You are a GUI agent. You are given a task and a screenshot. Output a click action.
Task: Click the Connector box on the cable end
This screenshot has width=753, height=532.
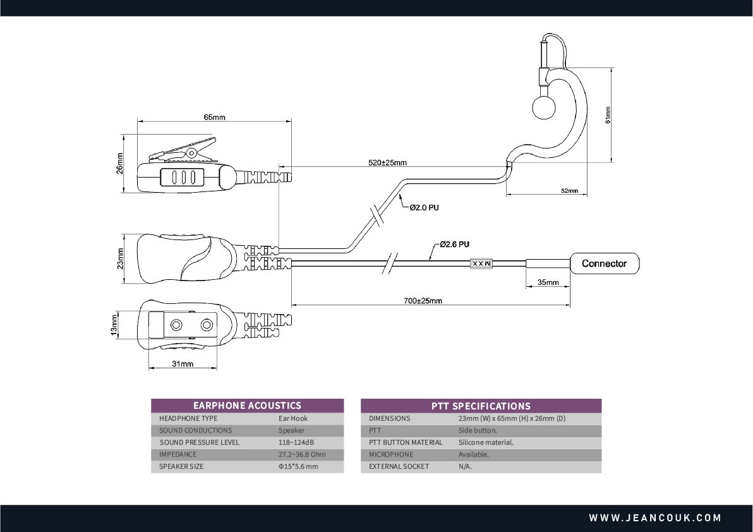pos(604,263)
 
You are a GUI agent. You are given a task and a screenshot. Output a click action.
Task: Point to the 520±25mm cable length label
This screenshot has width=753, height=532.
pos(387,162)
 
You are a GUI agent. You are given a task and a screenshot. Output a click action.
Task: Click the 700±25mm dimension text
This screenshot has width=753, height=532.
pos(423,301)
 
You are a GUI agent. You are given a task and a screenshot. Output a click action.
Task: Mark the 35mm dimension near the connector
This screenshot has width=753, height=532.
pos(548,282)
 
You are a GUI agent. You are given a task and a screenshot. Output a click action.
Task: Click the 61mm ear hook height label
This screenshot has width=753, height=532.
pos(608,116)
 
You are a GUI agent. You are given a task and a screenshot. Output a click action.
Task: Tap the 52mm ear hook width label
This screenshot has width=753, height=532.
pos(569,191)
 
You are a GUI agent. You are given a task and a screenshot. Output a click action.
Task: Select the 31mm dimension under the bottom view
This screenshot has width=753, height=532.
pos(183,364)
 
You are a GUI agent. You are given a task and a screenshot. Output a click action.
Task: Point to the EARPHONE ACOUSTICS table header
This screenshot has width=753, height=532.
pos(247,406)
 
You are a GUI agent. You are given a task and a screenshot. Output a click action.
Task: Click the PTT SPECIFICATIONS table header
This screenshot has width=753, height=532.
pos(481,406)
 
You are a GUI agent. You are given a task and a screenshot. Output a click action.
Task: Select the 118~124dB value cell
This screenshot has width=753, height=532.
pos(296,442)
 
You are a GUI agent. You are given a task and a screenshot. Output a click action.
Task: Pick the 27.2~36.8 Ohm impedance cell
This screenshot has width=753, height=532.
pos(302,454)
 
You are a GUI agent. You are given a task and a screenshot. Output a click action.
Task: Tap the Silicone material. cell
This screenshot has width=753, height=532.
pos(486,442)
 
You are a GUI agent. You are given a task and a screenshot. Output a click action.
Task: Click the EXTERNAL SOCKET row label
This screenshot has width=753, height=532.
pos(399,466)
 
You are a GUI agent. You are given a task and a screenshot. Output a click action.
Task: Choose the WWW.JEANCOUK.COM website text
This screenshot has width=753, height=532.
pos(655,518)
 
